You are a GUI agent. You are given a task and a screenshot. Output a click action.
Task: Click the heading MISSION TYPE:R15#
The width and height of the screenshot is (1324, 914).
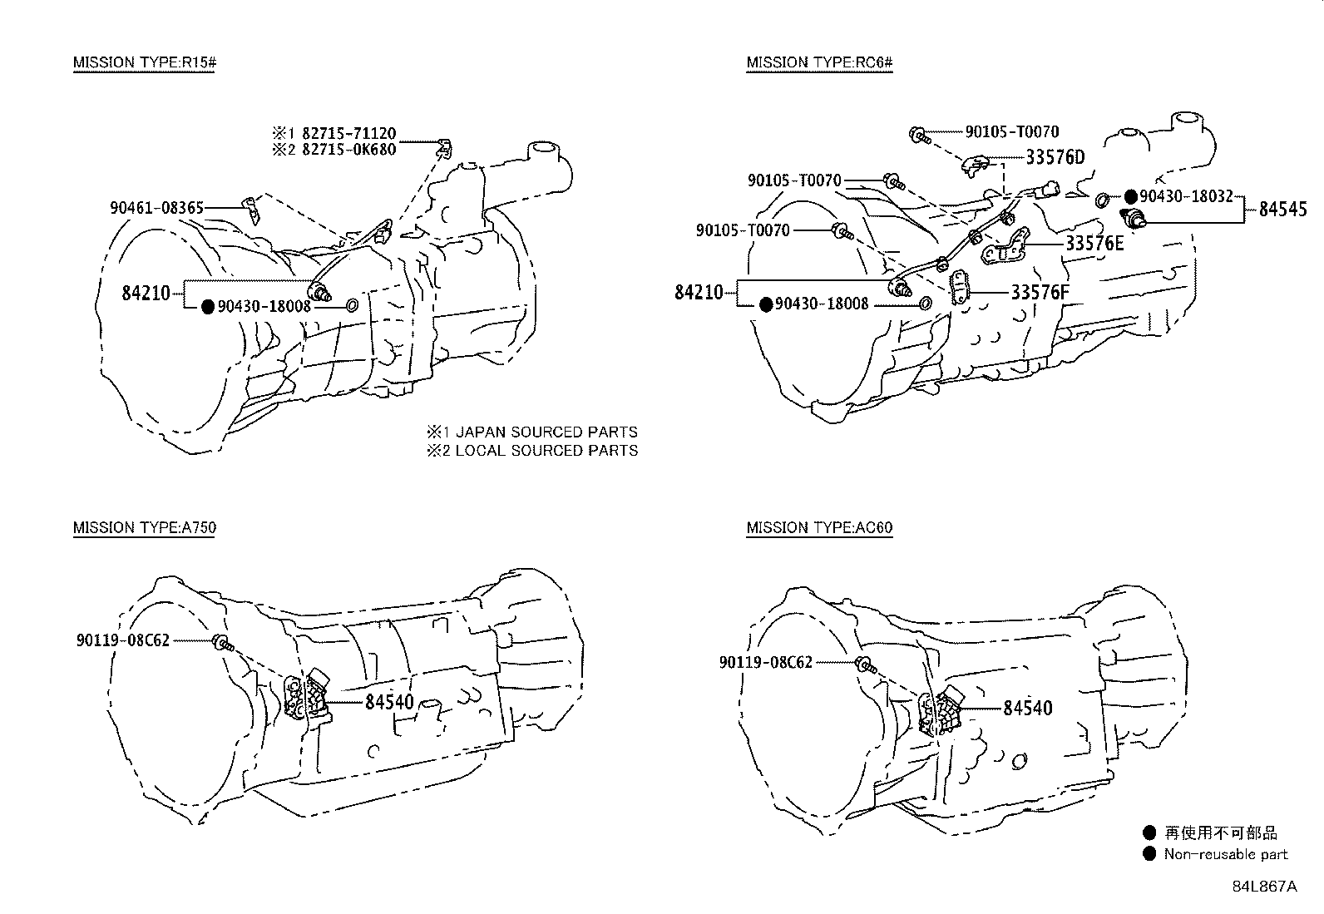(145, 62)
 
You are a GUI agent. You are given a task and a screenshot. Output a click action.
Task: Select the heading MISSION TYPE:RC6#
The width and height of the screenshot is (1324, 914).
(819, 62)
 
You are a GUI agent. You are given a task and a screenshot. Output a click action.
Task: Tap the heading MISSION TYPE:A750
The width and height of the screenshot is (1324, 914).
(145, 527)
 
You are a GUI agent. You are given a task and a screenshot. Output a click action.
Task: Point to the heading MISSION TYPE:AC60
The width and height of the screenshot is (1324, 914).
(819, 527)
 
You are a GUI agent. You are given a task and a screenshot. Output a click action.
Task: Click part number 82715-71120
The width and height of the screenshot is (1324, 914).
(348, 133)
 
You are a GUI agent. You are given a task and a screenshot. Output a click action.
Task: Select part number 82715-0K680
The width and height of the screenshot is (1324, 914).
(348, 150)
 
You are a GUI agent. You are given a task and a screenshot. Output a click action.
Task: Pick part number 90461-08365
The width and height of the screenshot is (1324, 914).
(156, 208)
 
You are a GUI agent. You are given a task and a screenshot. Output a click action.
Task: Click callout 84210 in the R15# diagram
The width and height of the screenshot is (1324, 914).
(146, 292)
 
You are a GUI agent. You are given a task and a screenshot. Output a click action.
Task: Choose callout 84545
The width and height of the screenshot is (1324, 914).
(1282, 210)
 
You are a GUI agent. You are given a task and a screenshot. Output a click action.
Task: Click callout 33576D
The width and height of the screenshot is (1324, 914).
(1055, 157)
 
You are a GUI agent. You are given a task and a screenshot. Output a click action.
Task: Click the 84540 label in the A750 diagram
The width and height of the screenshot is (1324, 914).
(389, 702)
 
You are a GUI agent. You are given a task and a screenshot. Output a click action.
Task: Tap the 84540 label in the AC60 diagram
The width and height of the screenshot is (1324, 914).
(1027, 708)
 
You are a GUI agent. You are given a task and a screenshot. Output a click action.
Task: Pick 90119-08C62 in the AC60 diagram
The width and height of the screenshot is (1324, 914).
(765, 662)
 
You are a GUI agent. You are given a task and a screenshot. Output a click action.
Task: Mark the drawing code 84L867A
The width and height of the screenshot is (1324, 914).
(1264, 887)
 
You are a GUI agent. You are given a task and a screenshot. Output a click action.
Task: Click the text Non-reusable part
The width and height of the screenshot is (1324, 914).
(1226, 854)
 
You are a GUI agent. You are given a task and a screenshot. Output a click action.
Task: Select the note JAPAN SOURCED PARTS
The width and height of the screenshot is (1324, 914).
(546, 432)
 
